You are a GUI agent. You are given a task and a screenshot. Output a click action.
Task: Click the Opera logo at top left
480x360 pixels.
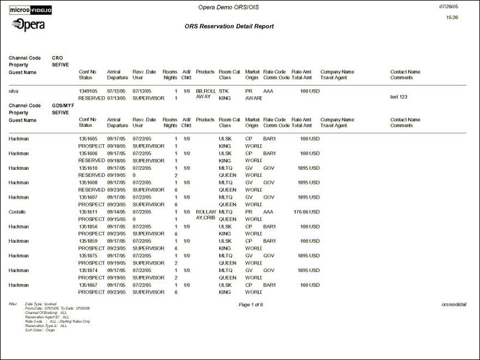click(x=28, y=25)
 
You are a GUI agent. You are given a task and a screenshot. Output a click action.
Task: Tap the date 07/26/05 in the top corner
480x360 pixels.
click(x=448, y=6)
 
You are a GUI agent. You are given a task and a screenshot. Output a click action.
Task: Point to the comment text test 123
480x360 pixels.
click(x=399, y=97)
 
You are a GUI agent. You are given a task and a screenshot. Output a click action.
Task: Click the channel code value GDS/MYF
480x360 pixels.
click(x=63, y=106)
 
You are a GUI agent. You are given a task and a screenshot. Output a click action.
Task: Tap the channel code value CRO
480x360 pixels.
click(x=57, y=58)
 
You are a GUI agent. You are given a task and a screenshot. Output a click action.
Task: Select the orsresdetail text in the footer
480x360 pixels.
click(x=454, y=304)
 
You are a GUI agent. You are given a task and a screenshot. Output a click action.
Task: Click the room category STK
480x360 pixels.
click(x=224, y=91)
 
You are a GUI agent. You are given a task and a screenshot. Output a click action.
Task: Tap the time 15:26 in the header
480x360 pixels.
click(x=452, y=17)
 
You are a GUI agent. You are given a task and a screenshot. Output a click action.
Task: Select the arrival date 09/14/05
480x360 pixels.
click(x=117, y=212)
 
